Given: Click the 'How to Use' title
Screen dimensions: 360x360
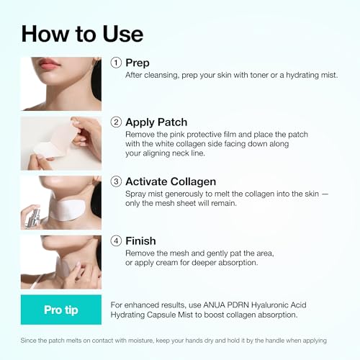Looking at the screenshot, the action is [x=82, y=35].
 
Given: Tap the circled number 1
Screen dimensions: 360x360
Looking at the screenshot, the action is [x=116, y=63].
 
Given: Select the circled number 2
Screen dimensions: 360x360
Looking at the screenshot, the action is [x=116, y=122].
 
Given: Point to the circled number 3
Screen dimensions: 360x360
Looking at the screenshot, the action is [x=116, y=181].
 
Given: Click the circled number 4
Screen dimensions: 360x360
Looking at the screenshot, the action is [x=116, y=240].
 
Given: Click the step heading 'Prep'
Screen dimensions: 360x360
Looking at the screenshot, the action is [x=138, y=63].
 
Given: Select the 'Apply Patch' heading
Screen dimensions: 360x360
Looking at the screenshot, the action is [x=156, y=122].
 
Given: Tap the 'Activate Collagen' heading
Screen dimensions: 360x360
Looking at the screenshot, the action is [x=171, y=181].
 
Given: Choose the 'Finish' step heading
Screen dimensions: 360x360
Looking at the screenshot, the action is [x=140, y=241].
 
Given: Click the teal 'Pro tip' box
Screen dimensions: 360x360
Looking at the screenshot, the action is [x=61, y=310].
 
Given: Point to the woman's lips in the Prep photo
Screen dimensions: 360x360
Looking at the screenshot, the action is [x=49, y=63].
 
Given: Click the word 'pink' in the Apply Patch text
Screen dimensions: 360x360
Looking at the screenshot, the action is [x=177, y=135].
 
